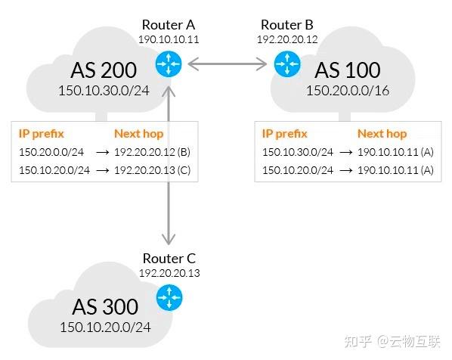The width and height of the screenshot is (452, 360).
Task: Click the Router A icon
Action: [x=167, y=65]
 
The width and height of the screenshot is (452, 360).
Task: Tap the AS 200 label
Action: [x=104, y=71]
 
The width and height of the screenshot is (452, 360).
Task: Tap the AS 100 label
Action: [x=347, y=71]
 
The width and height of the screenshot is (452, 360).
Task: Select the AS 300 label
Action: [x=105, y=307]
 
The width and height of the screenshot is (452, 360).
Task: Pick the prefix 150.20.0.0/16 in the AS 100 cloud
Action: [x=348, y=90]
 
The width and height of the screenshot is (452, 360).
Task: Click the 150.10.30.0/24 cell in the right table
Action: [x=297, y=152]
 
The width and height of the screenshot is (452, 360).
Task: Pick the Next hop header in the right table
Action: [x=382, y=134]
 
